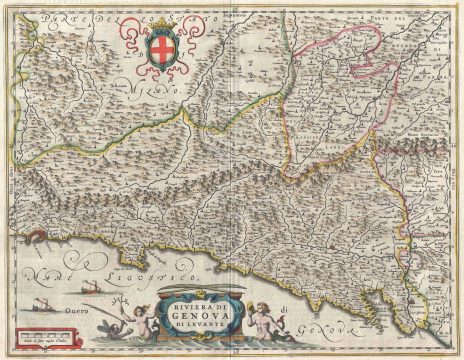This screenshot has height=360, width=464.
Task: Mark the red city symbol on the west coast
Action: [33, 237]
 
